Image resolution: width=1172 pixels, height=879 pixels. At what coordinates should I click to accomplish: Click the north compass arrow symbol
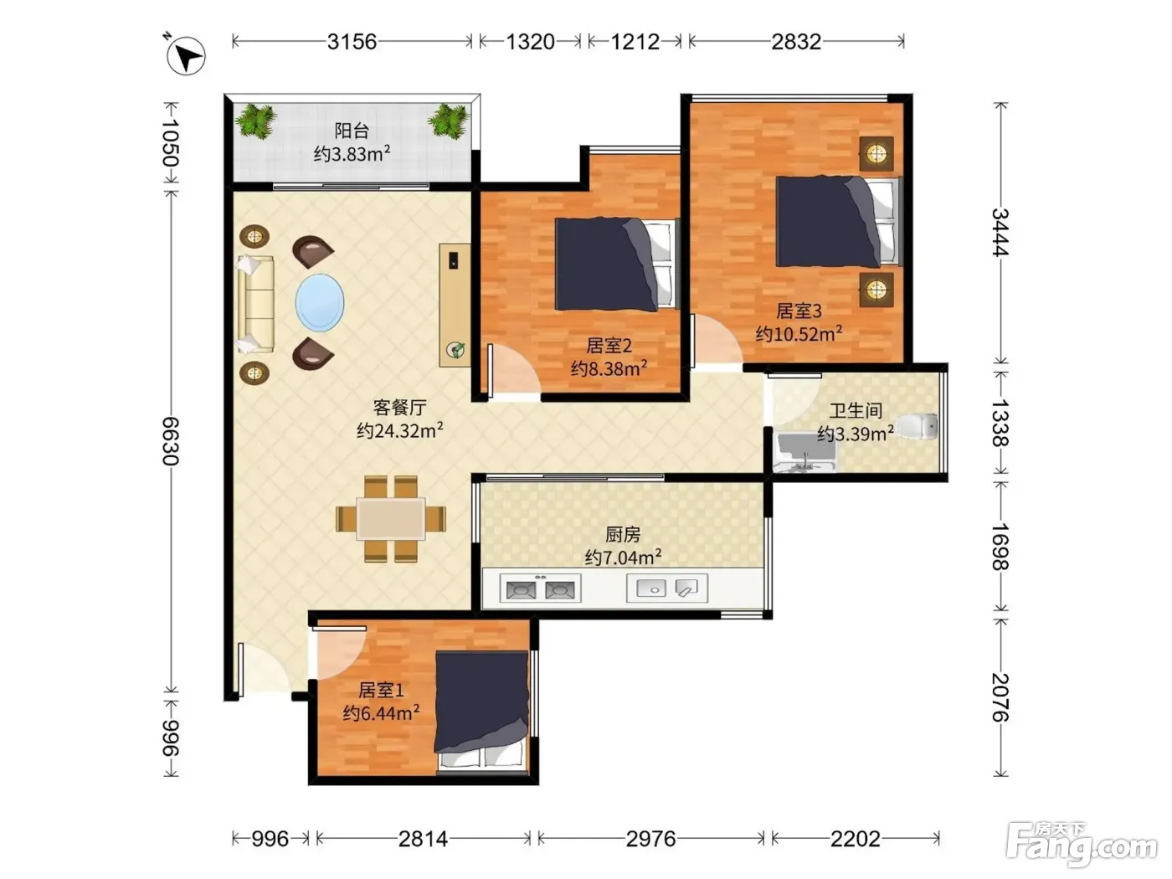[185, 55]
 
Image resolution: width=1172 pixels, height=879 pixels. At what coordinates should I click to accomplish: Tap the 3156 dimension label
[352, 42]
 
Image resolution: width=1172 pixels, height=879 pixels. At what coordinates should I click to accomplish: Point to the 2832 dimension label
[796, 42]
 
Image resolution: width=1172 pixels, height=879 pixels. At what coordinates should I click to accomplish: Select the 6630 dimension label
[171, 441]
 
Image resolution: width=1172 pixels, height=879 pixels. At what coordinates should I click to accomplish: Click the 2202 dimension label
[856, 840]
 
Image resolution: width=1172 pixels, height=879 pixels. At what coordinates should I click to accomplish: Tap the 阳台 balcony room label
[352, 131]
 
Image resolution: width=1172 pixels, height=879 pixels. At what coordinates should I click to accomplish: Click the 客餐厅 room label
[400, 408]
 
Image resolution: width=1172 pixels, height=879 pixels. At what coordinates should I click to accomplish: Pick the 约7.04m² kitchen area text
[623, 558]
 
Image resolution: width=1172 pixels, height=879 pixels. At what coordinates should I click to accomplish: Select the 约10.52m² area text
[799, 333]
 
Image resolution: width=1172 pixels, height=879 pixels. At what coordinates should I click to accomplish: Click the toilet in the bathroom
[916, 426]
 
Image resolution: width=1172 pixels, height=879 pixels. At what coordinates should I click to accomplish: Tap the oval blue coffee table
[320, 302]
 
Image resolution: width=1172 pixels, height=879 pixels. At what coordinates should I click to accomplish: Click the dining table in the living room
[391, 519]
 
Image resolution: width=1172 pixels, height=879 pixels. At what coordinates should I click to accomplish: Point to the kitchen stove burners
[540, 589]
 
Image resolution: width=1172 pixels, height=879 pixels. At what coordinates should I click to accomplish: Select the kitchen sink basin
[650, 589]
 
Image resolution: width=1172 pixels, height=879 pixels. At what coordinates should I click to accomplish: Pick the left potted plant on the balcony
[256, 121]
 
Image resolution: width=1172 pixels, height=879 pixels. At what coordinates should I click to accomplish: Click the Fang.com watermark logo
[1082, 845]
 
